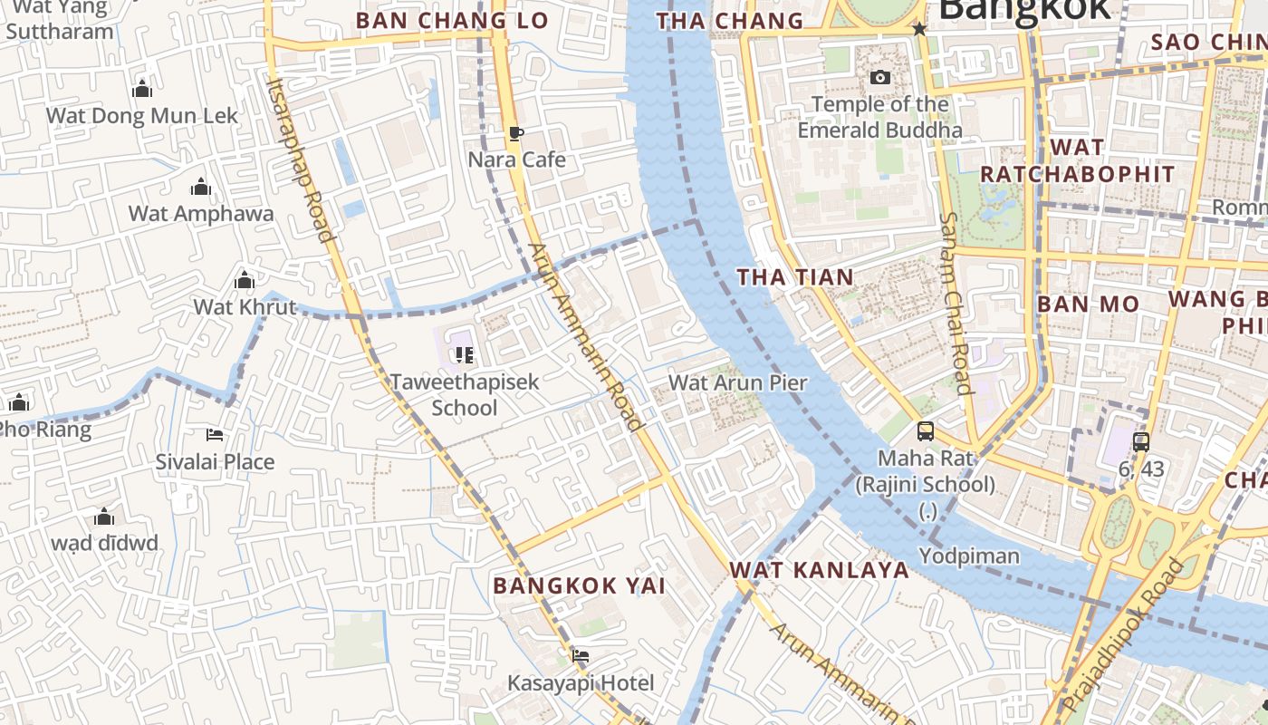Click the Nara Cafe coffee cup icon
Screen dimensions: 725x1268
click(x=515, y=134)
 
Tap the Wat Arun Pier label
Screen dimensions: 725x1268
click(x=737, y=382)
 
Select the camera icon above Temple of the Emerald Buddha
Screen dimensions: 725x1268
click(x=879, y=78)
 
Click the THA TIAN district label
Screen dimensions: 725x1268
click(x=795, y=277)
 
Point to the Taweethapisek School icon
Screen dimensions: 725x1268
click(x=464, y=354)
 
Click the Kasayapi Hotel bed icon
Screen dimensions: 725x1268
click(x=581, y=655)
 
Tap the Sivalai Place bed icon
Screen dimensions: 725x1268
click(x=215, y=435)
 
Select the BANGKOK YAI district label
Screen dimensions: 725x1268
click(x=580, y=585)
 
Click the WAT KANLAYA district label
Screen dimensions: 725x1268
click(x=819, y=569)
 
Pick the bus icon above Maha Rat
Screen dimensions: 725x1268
click(x=925, y=431)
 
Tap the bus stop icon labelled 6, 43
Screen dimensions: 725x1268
click(x=1140, y=442)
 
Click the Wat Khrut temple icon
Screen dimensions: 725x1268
click(x=244, y=280)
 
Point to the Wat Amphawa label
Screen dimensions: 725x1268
click(x=201, y=214)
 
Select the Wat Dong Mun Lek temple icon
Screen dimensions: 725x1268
click(x=141, y=89)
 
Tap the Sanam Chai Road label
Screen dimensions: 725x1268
click(x=955, y=303)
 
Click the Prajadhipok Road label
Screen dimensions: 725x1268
click(x=1123, y=635)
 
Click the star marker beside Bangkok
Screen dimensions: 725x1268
click(x=919, y=29)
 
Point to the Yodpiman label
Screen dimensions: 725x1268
click(x=969, y=556)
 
